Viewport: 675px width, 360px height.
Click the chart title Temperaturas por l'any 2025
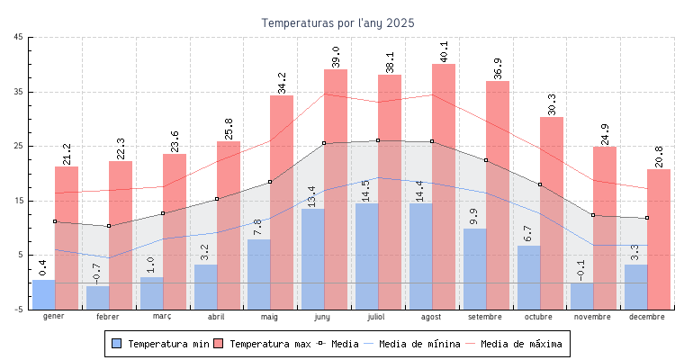pos(337,22)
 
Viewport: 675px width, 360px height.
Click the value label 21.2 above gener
pos(67,154)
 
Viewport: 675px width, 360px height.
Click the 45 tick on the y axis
pos(19,37)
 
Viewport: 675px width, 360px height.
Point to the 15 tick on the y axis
pos(19,201)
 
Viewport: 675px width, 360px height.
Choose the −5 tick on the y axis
pos(19,310)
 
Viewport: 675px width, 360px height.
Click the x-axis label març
pos(162,317)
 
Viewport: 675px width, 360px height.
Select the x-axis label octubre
pos(539,317)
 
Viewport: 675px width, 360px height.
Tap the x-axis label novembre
pos(593,317)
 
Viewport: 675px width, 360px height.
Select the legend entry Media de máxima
pos(521,344)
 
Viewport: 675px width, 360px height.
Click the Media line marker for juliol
pos(378,140)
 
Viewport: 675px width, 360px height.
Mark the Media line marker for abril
pos(217,199)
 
